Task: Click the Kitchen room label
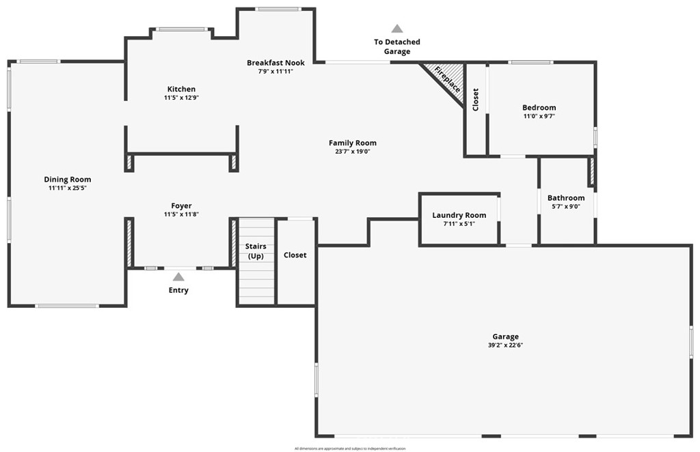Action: [x=181, y=89]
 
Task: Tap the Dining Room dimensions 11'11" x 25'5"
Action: [x=68, y=188]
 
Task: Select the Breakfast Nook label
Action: [x=275, y=62]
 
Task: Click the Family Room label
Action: [x=352, y=143]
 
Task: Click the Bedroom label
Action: [x=539, y=107]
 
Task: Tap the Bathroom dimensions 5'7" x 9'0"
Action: [x=565, y=206]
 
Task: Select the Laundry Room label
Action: [x=459, y=215]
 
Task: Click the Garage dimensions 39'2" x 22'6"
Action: [x=505, y=345]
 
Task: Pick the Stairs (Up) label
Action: [x=256, y=251]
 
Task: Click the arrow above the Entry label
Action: [x=178, y=277]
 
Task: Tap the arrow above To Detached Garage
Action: [x=396, y=29]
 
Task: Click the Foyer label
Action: [x=181, y=206]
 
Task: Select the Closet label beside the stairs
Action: [x=295, y=255]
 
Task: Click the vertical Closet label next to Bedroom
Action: [x=476, y=100]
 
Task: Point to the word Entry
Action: [x=178, y=290]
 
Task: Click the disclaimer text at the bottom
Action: [x=350, y=449]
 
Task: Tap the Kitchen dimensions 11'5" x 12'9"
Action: [x=181, y=98]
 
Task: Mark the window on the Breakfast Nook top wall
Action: [x=278, y=9]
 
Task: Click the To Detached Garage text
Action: [x=396, y=46]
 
